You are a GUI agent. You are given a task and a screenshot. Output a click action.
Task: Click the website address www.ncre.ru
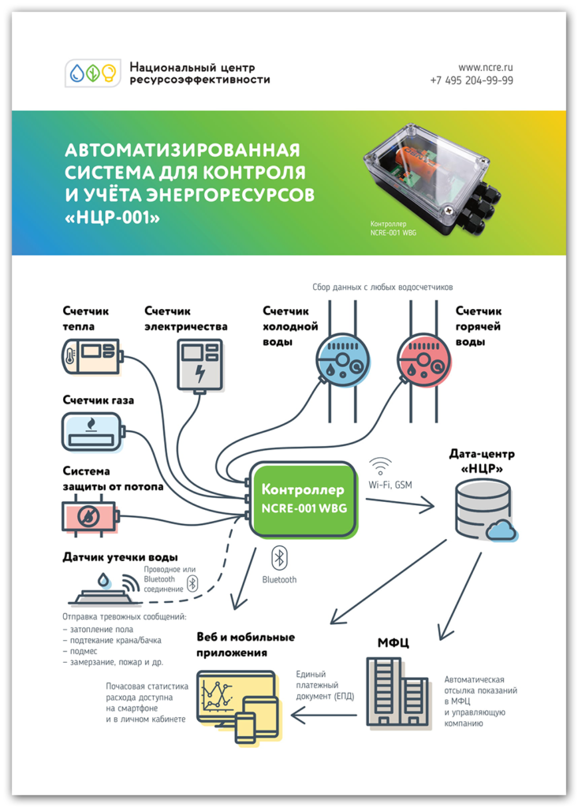point(485,68)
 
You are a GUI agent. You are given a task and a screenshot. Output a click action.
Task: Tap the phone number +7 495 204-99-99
point(472,80)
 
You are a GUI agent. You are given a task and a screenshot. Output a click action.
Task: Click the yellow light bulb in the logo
point(108,73)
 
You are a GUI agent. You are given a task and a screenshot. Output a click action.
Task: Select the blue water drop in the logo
point(77,73)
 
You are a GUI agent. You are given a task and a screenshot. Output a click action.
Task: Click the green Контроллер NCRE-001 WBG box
point(304,499)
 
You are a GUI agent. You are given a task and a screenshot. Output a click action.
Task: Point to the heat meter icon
point(91,356)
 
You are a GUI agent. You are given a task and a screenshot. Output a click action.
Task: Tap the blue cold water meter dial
point(341,359)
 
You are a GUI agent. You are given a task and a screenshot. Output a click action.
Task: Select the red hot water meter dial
point(423,359)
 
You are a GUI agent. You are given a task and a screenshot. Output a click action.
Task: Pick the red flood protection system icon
point(91,516)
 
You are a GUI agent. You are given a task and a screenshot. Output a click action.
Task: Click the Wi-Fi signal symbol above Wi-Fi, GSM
point(381,466)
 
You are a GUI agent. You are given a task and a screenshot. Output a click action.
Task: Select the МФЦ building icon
point(397,692)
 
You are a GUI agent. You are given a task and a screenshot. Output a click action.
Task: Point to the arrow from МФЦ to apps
point(324,716)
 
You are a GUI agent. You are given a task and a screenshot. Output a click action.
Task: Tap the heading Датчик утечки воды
point(121,557)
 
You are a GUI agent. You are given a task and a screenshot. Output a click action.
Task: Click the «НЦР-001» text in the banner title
point(112,218)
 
